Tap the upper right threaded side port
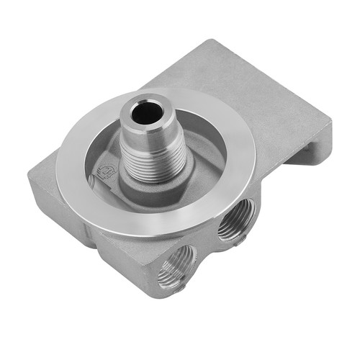235,219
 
